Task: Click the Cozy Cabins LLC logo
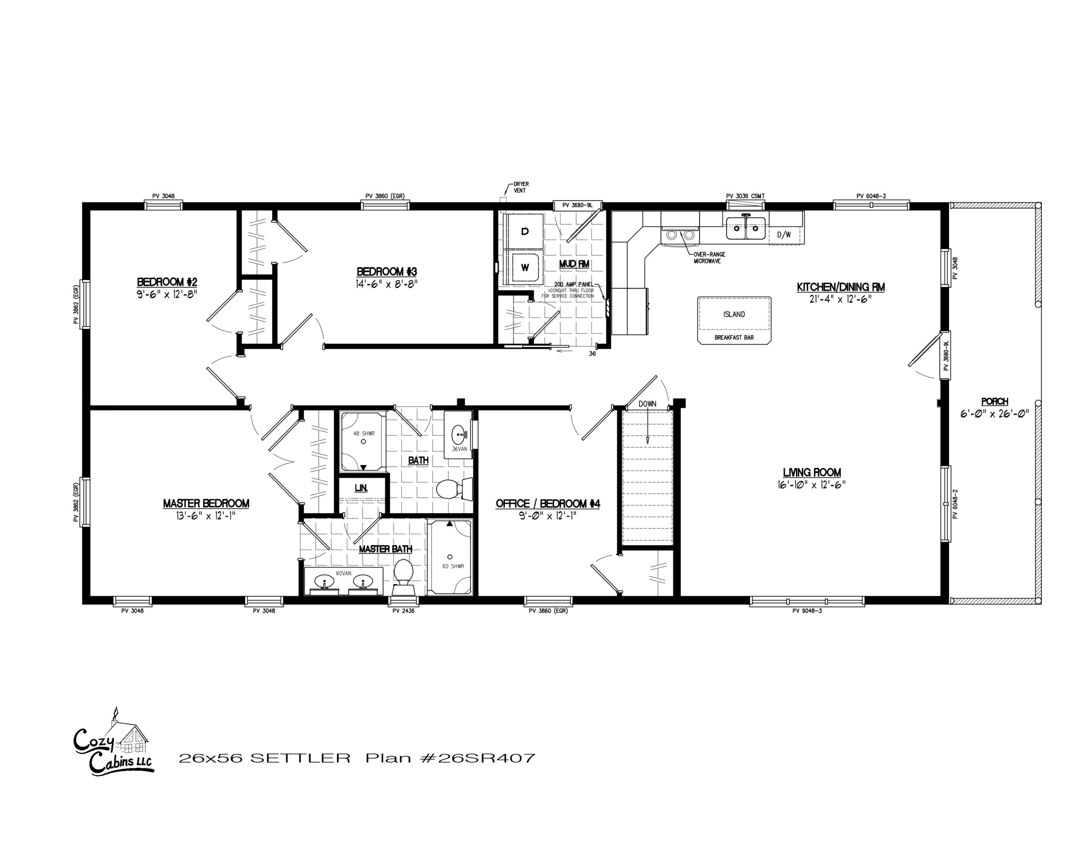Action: (114, 743)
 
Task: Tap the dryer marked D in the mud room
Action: (524, 231)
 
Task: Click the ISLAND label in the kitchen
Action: (734, 314)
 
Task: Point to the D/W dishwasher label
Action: (784, 235)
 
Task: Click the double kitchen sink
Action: (745, 228)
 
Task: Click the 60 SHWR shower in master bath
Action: (450, 557)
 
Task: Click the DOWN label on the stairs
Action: (647, 404)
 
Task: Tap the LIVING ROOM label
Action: (812, 472)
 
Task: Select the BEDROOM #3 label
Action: (386, 272)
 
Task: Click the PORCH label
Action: (995, 401)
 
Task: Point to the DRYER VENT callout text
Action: (521, 188)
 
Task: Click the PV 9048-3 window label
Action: (807, 611)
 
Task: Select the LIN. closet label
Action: (361, 488)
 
